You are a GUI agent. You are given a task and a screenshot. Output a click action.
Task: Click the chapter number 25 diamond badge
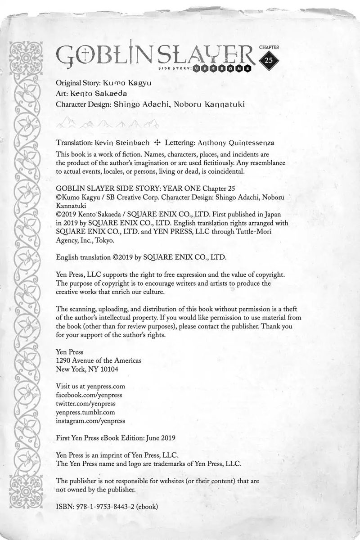(x=269, y=61)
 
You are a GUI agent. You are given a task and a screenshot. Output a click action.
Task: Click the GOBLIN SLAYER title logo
(x=155, y=56)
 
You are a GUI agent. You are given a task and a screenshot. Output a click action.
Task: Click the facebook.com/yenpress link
(x=88, y=395)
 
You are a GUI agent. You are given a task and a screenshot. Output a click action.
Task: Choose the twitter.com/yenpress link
(x=85, y=403)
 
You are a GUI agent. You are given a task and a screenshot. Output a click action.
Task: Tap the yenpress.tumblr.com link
(x=85, y=412)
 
